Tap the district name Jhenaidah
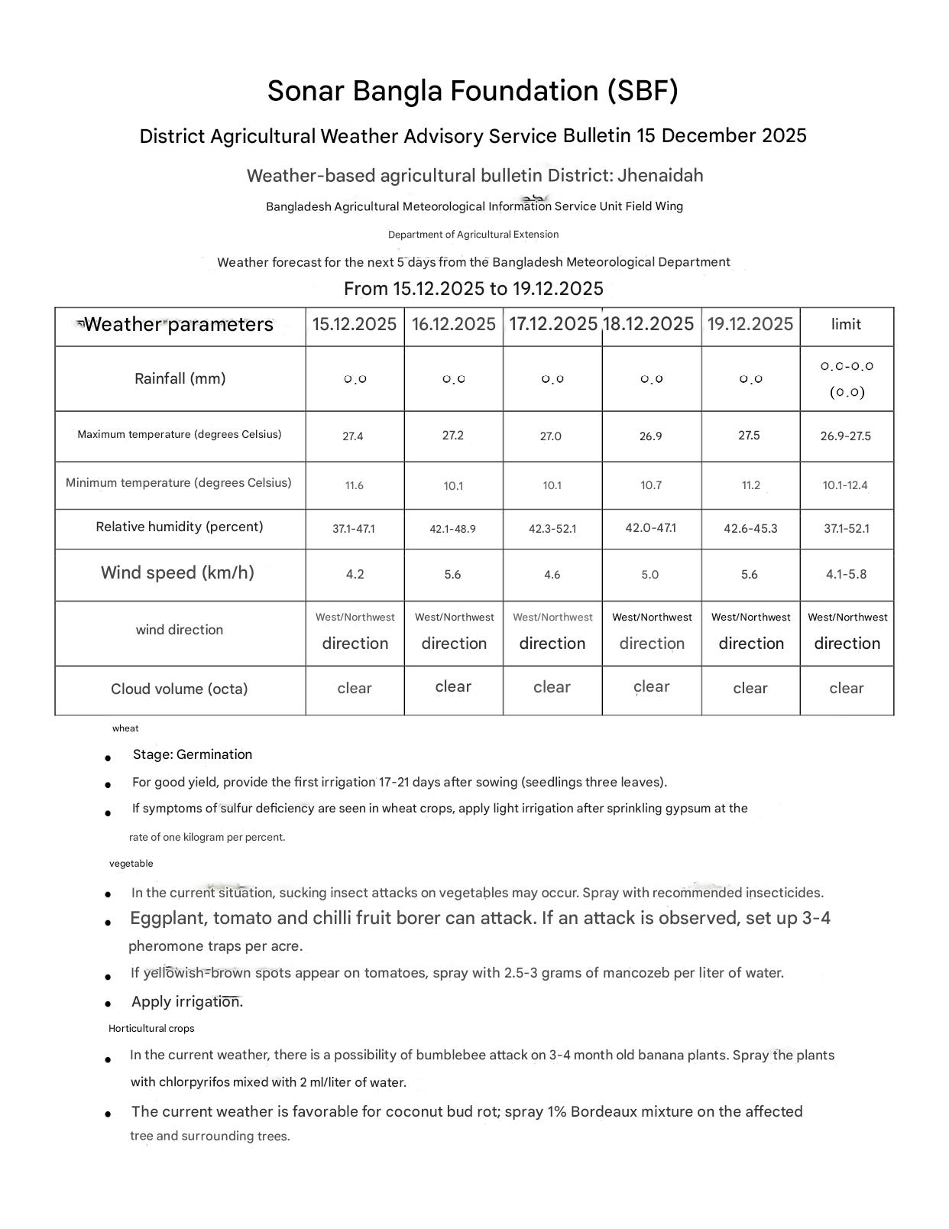(660, 176)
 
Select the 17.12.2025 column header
(552, 324)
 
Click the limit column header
(846, 324)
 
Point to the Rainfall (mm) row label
(180, 378)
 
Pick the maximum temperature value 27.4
(353, 436)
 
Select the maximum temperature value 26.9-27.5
(846, 436)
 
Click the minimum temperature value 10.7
(651, 485)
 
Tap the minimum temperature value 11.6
(355, 485)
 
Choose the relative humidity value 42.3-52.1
(552, 529)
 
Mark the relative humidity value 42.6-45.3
(750, 529)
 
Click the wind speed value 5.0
(650, 575)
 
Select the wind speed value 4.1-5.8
(847, 575)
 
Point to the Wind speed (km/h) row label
(177, 573)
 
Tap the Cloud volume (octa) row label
(180, 689)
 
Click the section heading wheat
(125, 728)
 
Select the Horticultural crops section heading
(151, 1029)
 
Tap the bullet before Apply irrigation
(109, 1004)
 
